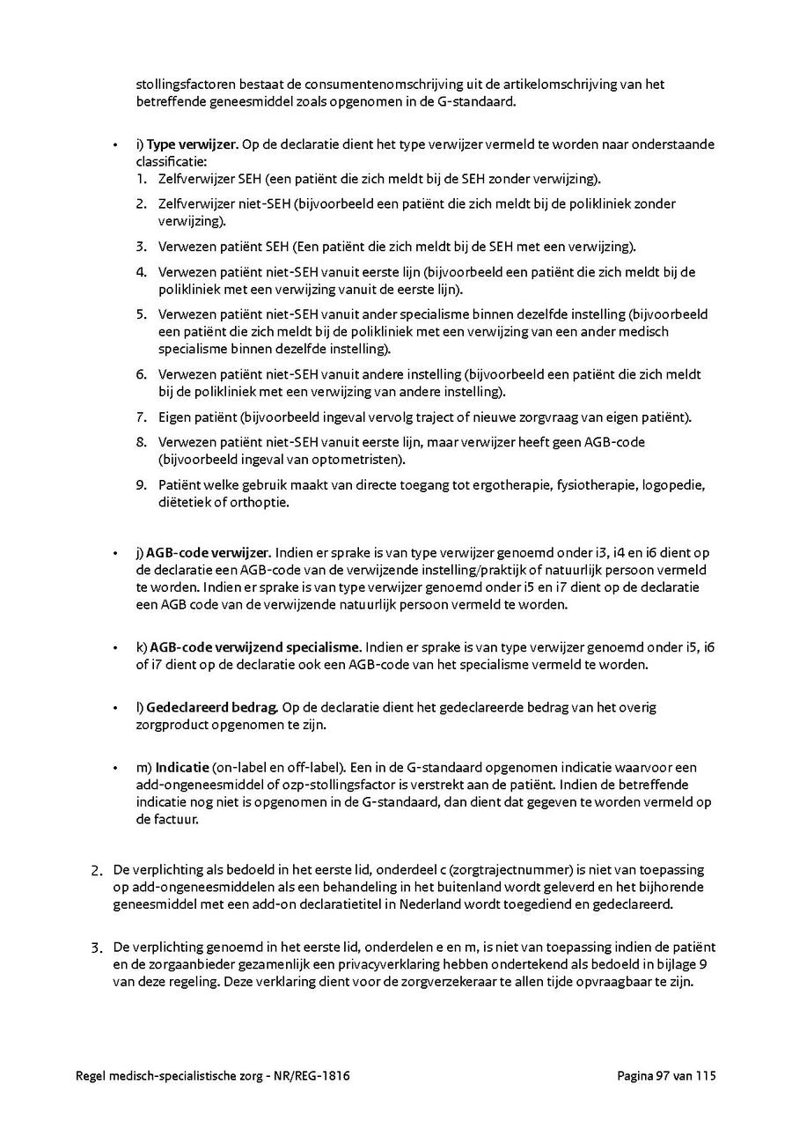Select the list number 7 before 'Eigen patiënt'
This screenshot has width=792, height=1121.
140,417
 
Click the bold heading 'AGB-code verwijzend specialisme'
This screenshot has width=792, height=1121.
255,647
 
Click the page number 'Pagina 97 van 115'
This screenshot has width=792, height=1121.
666,1075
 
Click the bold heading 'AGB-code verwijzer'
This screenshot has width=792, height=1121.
208,553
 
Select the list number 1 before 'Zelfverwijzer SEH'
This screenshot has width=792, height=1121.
140,179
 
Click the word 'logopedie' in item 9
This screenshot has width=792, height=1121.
678,485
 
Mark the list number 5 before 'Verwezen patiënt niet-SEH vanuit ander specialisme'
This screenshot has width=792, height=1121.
140,314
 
